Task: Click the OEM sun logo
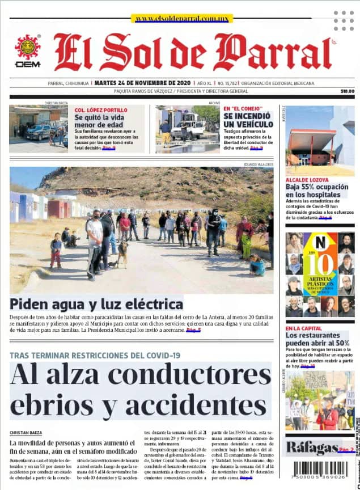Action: (28, 48)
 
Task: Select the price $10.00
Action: (347, 91)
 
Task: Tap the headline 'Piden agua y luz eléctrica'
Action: (97, 303)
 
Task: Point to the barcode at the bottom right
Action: (320, 470)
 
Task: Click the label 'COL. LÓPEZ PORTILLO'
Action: (101, 109)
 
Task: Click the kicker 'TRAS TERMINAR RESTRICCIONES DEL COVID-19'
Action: (95, 356)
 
